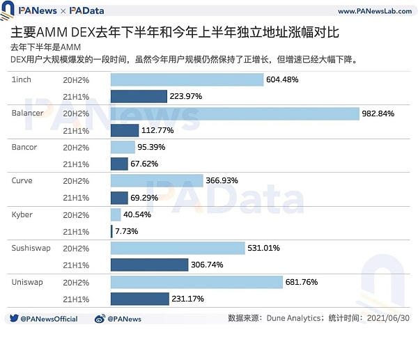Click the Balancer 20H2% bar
(234, 114)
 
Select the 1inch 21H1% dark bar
(139, 96)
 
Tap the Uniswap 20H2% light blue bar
(197, 282)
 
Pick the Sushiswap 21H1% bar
(149, 265)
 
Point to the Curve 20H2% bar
(157, 180)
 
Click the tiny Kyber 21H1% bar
(111, 231)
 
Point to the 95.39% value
(151, 147)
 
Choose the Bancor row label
(24, 147)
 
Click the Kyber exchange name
(22, 214)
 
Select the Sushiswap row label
(29, 248)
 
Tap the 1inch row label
(22, 79)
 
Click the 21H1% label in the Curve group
(76, 198)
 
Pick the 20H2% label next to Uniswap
(76, 282)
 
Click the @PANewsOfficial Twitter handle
(49, 319)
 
